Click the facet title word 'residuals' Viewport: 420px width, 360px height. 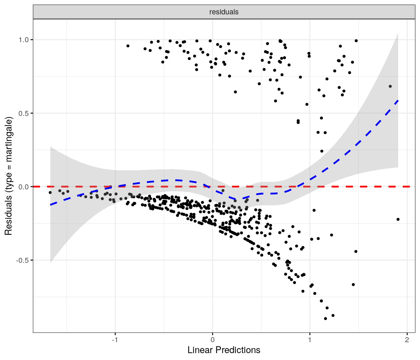pos(224,12)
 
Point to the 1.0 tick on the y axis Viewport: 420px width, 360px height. pos(24,40)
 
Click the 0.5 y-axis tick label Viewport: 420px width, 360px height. pos(24,113)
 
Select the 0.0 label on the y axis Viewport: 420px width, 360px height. pos(24,187)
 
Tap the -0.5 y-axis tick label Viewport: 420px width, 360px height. pos(22,260)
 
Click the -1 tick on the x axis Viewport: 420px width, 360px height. pos(115,340)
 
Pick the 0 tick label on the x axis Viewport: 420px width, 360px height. pos(212,340)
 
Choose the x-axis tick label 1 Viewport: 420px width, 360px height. pos(310,340)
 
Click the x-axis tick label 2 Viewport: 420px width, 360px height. pos(407,340)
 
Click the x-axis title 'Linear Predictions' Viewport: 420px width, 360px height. pos(224,350)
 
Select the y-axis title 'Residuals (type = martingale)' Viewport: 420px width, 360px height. pos(8,176)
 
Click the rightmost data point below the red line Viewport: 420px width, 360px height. pos(398,219)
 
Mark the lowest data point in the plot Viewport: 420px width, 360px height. pos(325,318)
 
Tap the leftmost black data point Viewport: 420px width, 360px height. pos(50,192)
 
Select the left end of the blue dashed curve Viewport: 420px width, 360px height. pos(51,205)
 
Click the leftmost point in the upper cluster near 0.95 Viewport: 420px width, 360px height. pos(128,46)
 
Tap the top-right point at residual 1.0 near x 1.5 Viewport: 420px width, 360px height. pos(356,41)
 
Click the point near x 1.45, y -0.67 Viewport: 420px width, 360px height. pos(353,284)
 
